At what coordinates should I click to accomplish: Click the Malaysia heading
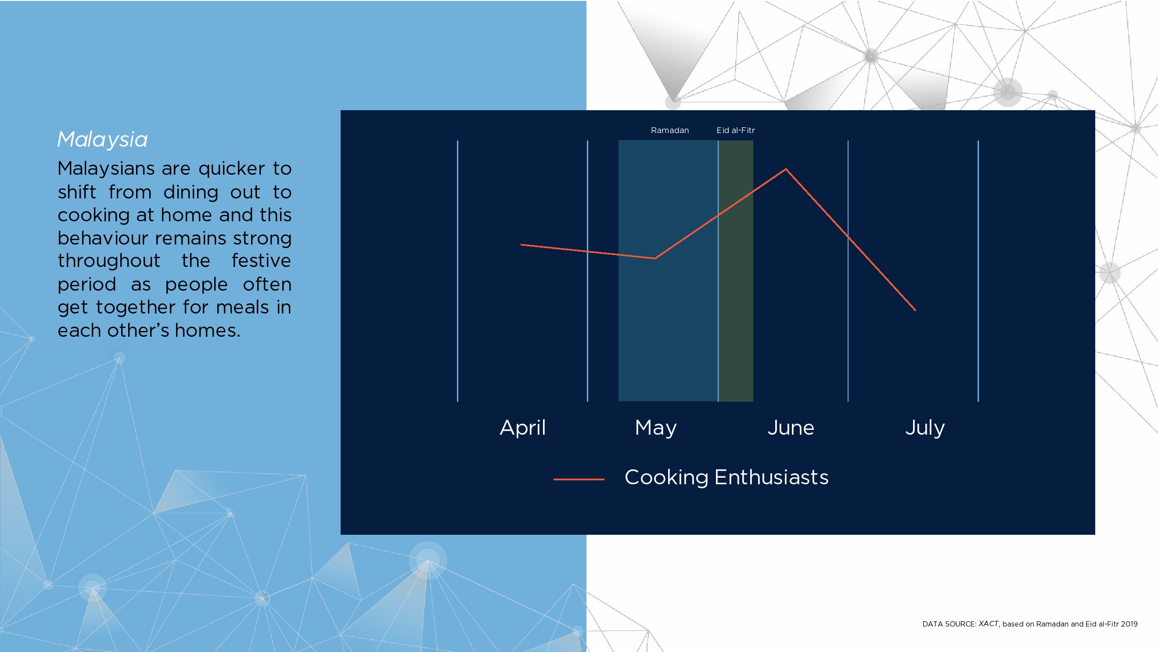click(x=102, y=139)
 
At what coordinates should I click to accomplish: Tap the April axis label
click(x=523, y=428)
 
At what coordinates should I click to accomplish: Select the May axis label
click(x=656, y=428)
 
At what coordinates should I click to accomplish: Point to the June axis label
click(x=791, y=428)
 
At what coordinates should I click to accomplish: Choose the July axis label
click(x=925, y=428)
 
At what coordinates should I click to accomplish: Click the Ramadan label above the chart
click(x=670, y=130)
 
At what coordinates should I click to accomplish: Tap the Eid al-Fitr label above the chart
click(x=735, y=130)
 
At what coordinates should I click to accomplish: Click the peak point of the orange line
click(x=786, y=169)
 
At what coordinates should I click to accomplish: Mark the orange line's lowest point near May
click(x=655, y=258)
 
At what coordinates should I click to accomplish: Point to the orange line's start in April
click(x=521, y=245)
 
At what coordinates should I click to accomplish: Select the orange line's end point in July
click(x=915, y=310)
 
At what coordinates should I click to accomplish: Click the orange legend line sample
click(x=579, y=479)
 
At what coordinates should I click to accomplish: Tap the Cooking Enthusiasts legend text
click(x=726, y=478)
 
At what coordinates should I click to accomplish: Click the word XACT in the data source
click(x=989, y=623)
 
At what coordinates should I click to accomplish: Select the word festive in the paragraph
click(x=261, y=261)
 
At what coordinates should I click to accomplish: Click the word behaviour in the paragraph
click(x=103, y=238)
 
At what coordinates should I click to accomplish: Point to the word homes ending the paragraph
click(x=208, y=331)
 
